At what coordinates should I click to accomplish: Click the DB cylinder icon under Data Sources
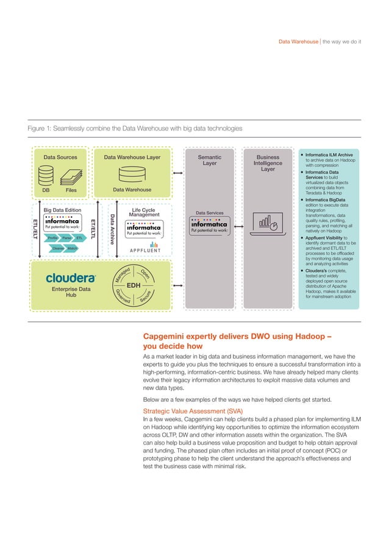click(46, 177)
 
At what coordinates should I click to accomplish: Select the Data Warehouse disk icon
click(133, 175)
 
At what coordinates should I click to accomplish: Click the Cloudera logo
click(71, 277)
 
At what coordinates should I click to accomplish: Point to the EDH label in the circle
click(134, 285)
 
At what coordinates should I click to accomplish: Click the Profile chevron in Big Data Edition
click(52, 238)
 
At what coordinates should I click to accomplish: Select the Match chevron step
click(72, 248)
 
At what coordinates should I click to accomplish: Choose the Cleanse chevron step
click(59, 248)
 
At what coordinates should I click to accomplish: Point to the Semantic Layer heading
click(209, 160)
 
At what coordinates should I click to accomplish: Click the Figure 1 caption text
click(135, 129)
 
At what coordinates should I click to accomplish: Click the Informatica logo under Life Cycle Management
click(144, 230)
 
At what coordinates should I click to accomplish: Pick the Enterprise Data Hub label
click(71, 291)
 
